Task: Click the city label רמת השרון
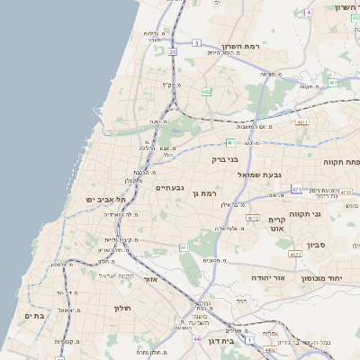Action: coord(239,46)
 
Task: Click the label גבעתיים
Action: coord(169,187)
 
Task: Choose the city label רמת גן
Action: coord(206,193)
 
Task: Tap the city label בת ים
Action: coord(33,315)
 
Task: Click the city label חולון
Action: coord(121,309)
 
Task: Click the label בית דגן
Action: coord(233,341)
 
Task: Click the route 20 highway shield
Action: coord(172,52)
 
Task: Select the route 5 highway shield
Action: coord(196,42)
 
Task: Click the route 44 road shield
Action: coord(196,339)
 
